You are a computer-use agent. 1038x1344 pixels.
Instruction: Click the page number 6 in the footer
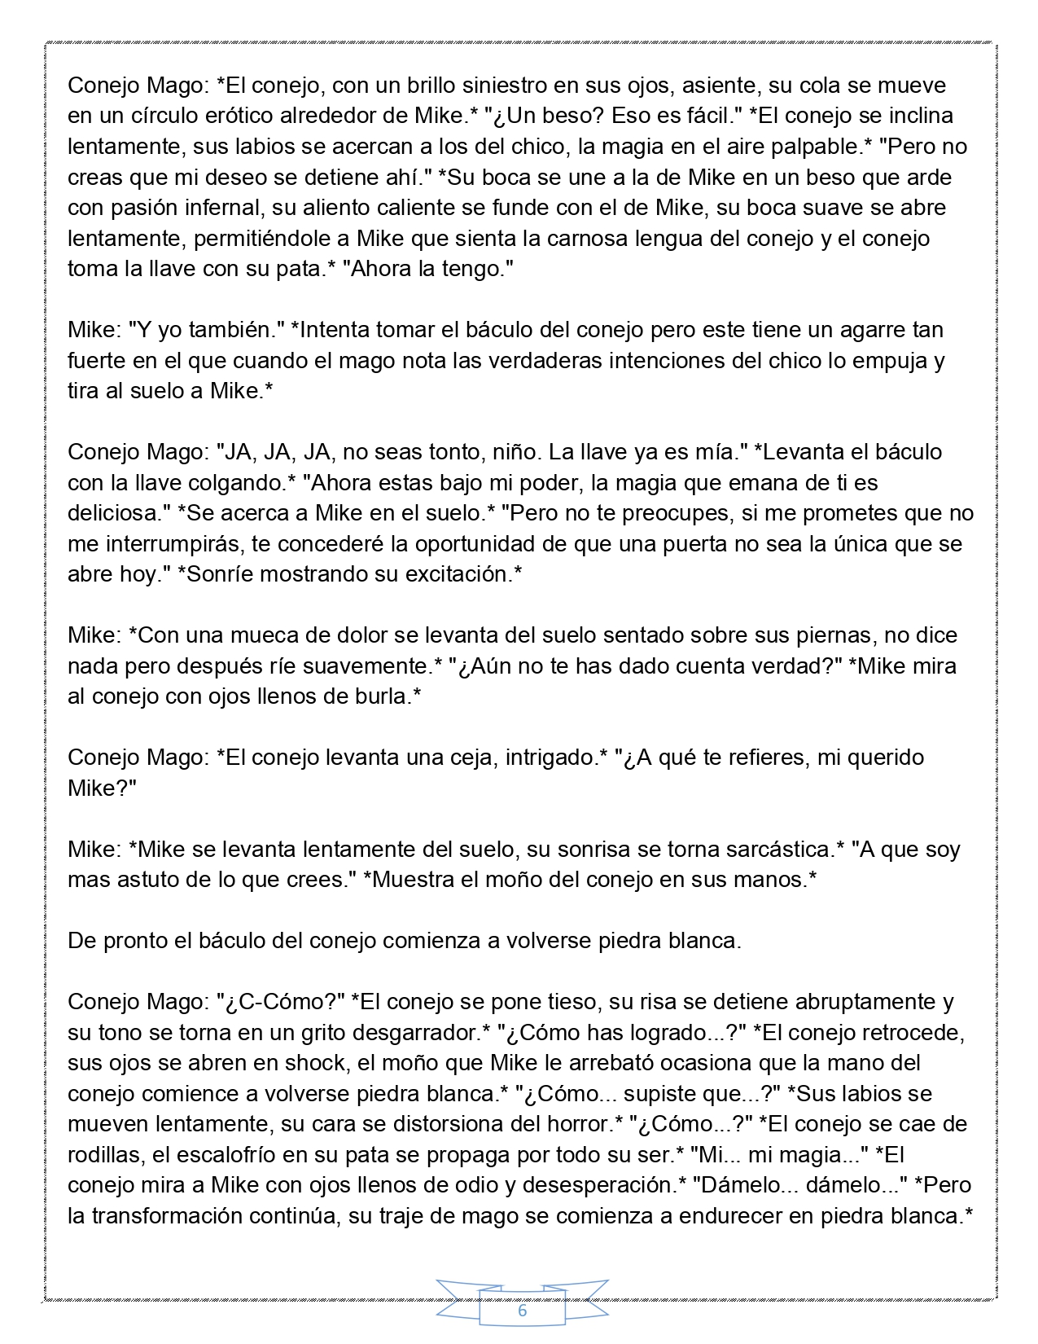click(x=522, y=1311)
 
